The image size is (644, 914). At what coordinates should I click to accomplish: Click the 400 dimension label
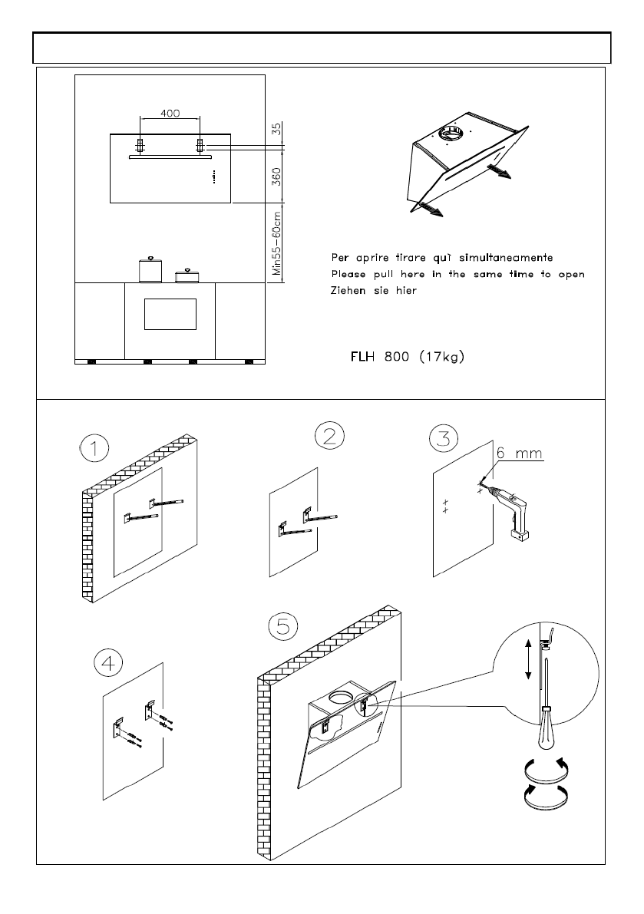[x=170, y=113]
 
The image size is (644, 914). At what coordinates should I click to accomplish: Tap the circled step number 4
[x=109, y=662]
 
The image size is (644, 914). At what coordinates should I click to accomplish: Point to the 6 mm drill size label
[x=519, y=454]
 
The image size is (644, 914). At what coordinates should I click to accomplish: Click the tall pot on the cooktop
[x=150, y=269]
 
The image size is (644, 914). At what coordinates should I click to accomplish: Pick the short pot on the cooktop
[x=185, y=276]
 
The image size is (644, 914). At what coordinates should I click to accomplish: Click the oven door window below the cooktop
[x=170, y=314]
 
